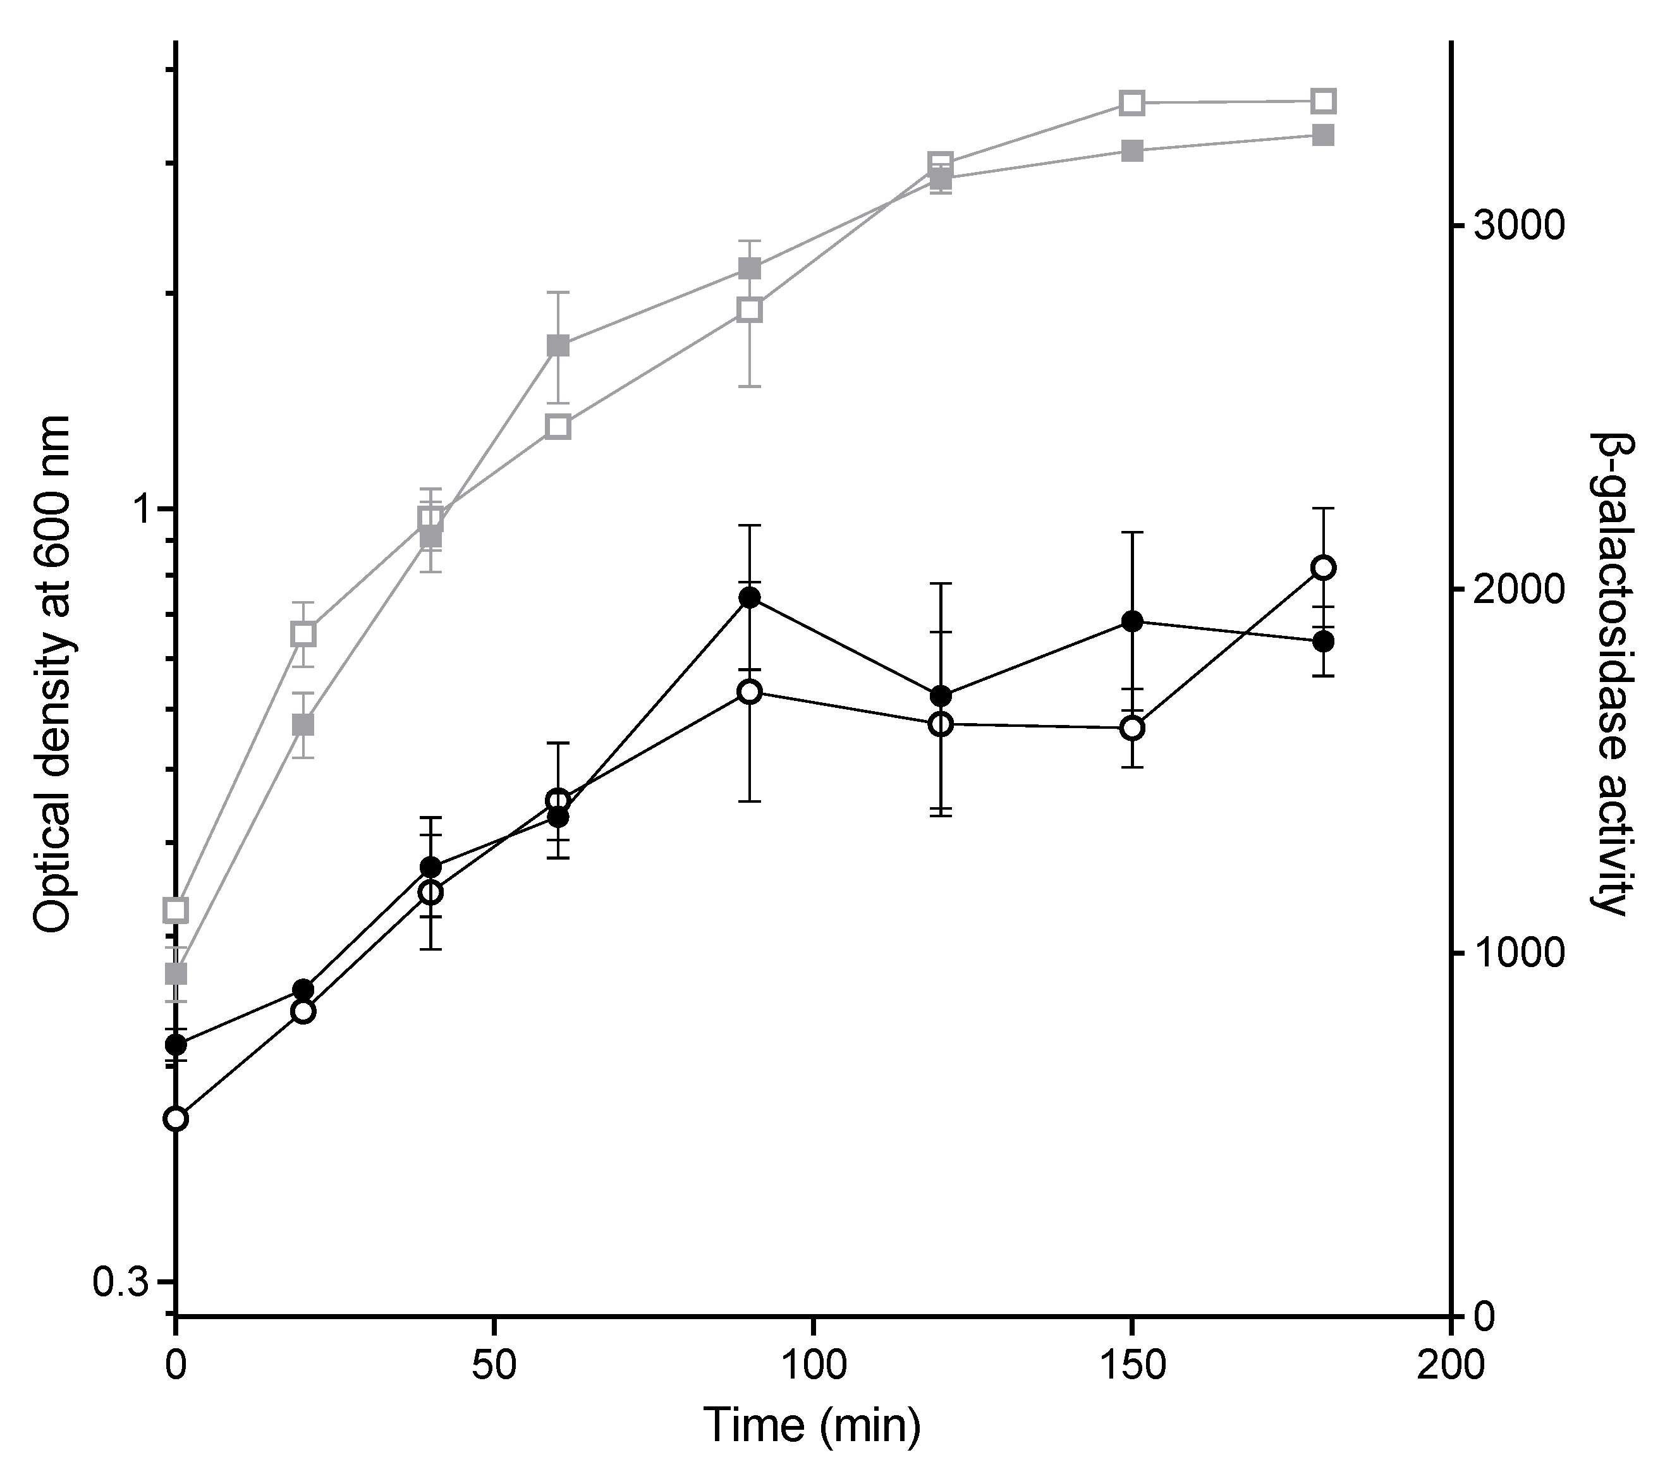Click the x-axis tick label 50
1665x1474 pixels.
click(494, 1366)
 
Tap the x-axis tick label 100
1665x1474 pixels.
click(813, 1366)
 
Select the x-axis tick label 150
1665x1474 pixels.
click(1131, 1366)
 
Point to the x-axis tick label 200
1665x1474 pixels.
click(1451, 1366)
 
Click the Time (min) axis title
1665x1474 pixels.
click(812, 1426)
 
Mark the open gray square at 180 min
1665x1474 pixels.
click(1324, 101)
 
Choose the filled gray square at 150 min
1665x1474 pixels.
click(1132, 150)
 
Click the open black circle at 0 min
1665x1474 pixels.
click(176, 1119)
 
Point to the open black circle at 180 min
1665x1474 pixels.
click(1324, 568)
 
